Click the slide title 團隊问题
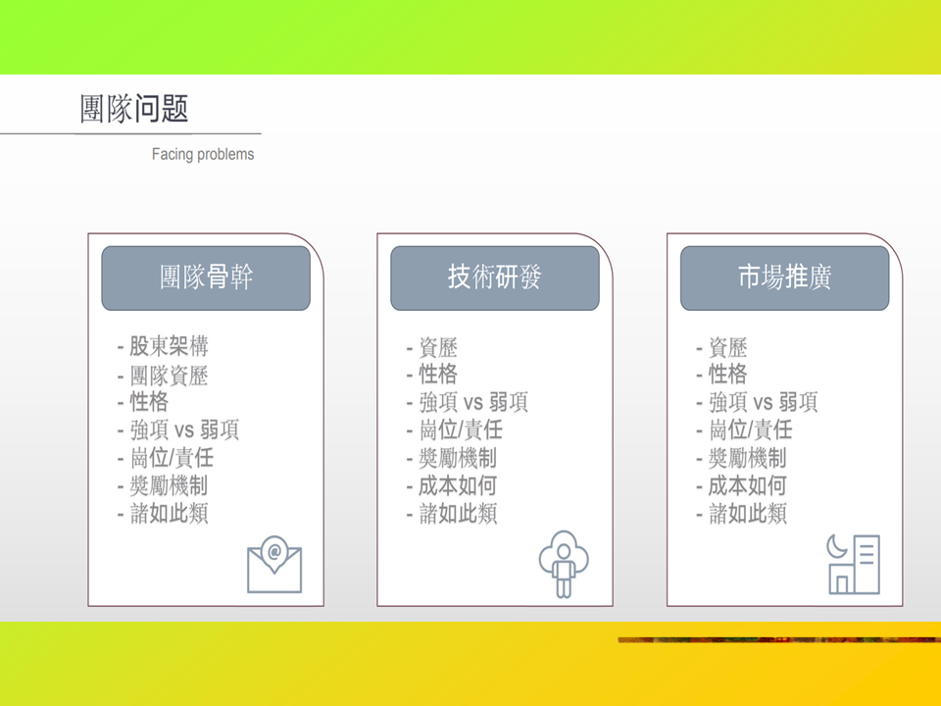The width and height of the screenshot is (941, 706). (x=134, y=109)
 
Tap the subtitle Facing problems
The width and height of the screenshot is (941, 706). (x=203, y=154)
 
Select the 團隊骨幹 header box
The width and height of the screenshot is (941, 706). (x=206, y=277)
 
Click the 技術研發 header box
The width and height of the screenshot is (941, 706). (x=495, y=277)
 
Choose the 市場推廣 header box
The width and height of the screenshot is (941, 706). (x=784, y=277)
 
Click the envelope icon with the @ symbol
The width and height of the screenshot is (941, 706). (x=274, y=565)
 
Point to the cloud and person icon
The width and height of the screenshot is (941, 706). (x=564, y=564)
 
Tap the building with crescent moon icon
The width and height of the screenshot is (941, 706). (x=854, y=565)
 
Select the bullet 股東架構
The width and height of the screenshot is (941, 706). (x=169, y=346)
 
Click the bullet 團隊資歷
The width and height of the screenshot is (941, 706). (x=169, y=376)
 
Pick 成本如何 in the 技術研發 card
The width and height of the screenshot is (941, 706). (x=458, y=485)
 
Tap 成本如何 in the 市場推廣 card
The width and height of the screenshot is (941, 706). (x=747, y=485)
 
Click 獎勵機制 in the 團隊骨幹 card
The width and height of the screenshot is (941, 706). (x=169, y=485)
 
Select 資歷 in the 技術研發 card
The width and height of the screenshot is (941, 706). (x=438, y=347)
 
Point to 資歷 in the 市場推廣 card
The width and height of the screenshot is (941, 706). (x=727, y=347)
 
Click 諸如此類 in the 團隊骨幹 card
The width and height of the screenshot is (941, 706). (x=169, y=513)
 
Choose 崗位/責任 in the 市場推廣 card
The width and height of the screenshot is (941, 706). (x=750, y=429)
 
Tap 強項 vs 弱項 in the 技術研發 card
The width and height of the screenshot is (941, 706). (x=473, y=402)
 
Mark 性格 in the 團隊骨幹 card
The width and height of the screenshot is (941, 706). (x=149, y=402)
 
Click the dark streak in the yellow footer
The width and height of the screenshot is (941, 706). (x=779, y=640)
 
